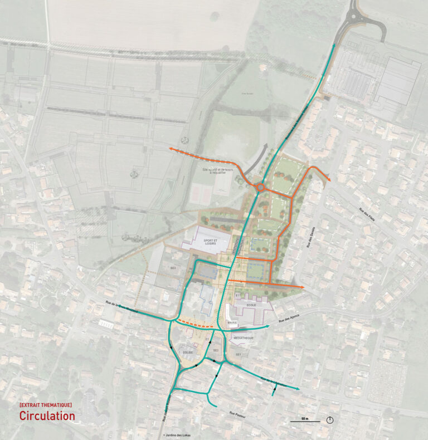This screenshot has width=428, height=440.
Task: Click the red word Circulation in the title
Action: coord(47,415)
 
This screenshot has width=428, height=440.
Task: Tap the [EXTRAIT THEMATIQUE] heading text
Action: coord(45,404)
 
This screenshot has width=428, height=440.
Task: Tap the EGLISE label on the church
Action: coord(188,353)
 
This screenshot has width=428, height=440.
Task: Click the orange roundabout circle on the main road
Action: coord(260,188)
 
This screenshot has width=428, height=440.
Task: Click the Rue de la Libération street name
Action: coord(273,382)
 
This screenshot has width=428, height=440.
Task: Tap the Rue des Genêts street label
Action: coord(305,237)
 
